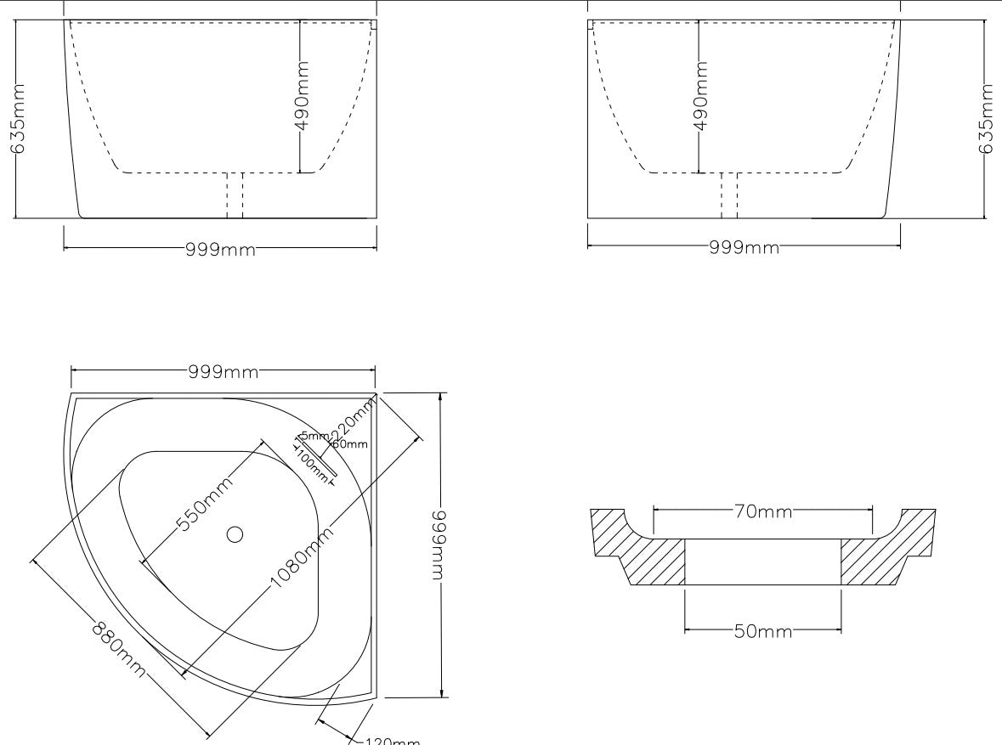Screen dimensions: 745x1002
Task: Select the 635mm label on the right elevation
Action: coord(987,118)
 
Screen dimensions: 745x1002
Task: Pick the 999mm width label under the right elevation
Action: coord(744,247)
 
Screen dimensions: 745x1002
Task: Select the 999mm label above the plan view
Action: coord(224,371)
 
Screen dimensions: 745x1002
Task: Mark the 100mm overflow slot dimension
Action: coord(312,466)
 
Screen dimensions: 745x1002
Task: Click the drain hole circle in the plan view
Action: coord(235,534)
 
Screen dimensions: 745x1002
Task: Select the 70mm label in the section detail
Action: coord(762,511)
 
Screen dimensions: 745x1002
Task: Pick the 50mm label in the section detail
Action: coord(762,631)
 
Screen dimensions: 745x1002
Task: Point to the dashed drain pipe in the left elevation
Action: coord(235,195)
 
